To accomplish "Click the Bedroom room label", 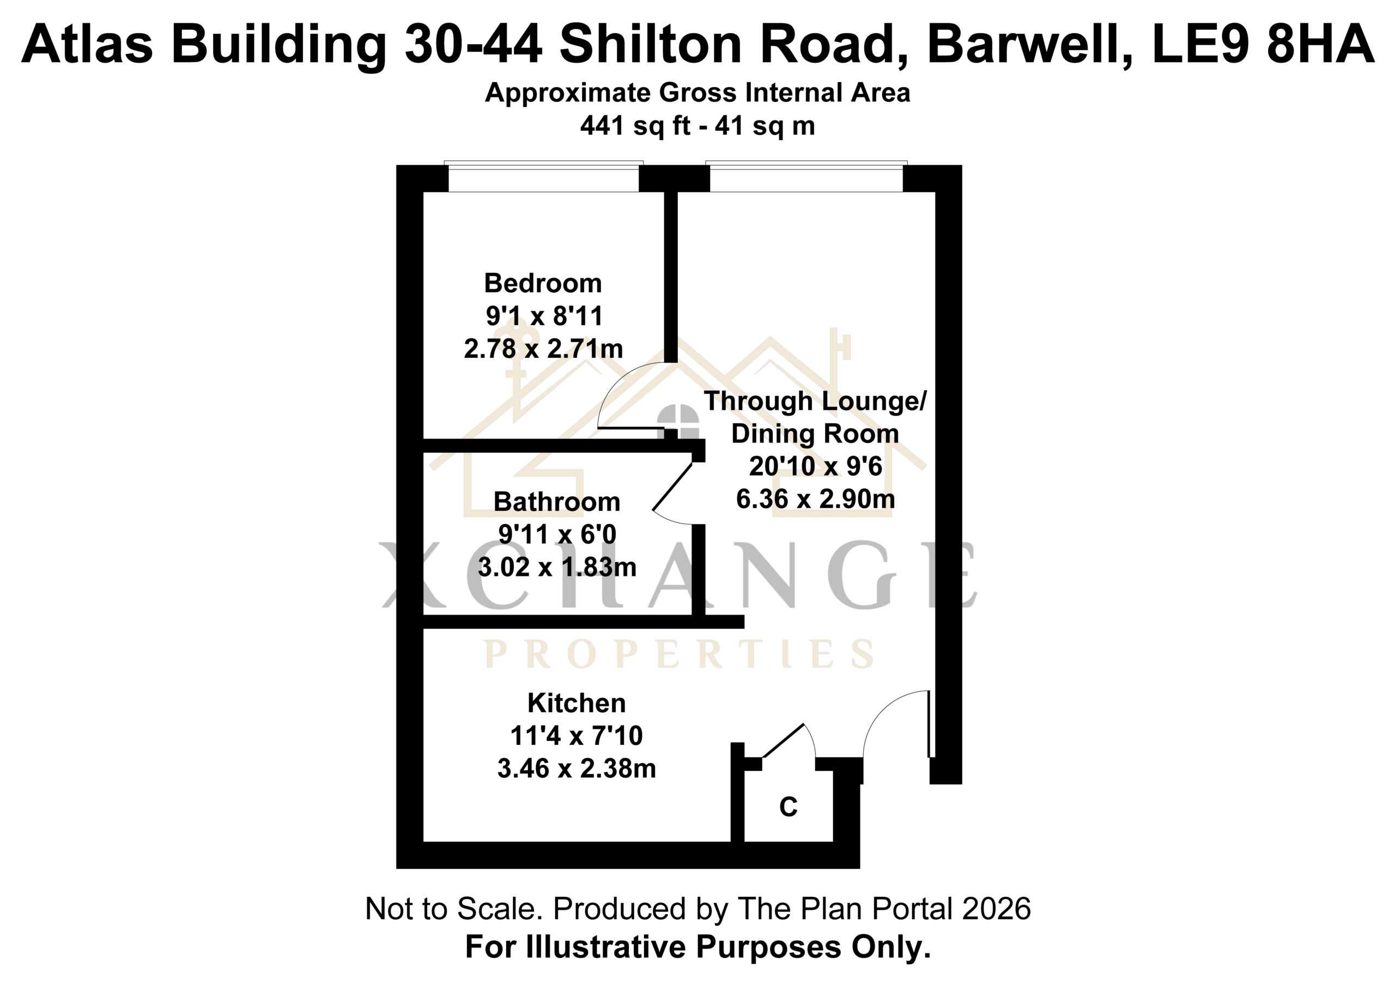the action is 543,284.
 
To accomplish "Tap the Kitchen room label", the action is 576,703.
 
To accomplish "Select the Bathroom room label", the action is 556,502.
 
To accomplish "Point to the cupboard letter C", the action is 788,807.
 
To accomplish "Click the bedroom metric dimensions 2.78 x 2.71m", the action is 543,349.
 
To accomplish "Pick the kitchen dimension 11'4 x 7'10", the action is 576,736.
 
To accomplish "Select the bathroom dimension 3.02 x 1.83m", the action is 556,567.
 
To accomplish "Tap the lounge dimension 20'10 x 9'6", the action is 815,466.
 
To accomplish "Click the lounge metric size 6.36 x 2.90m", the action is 815,499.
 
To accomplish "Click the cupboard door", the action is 784,740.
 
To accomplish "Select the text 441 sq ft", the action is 635,126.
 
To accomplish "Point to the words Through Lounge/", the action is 815,402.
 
